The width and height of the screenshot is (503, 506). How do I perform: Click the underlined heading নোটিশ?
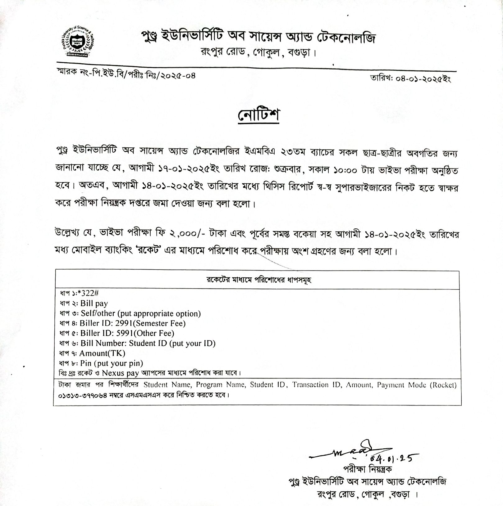click(x=259, y=115)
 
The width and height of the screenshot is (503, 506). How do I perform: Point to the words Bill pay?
click(x=94, y=303)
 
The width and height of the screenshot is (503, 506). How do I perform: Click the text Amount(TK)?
click(x=102, y=353)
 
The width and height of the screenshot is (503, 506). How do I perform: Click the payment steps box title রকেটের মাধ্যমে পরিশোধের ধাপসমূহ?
click(x=259, y=280)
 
